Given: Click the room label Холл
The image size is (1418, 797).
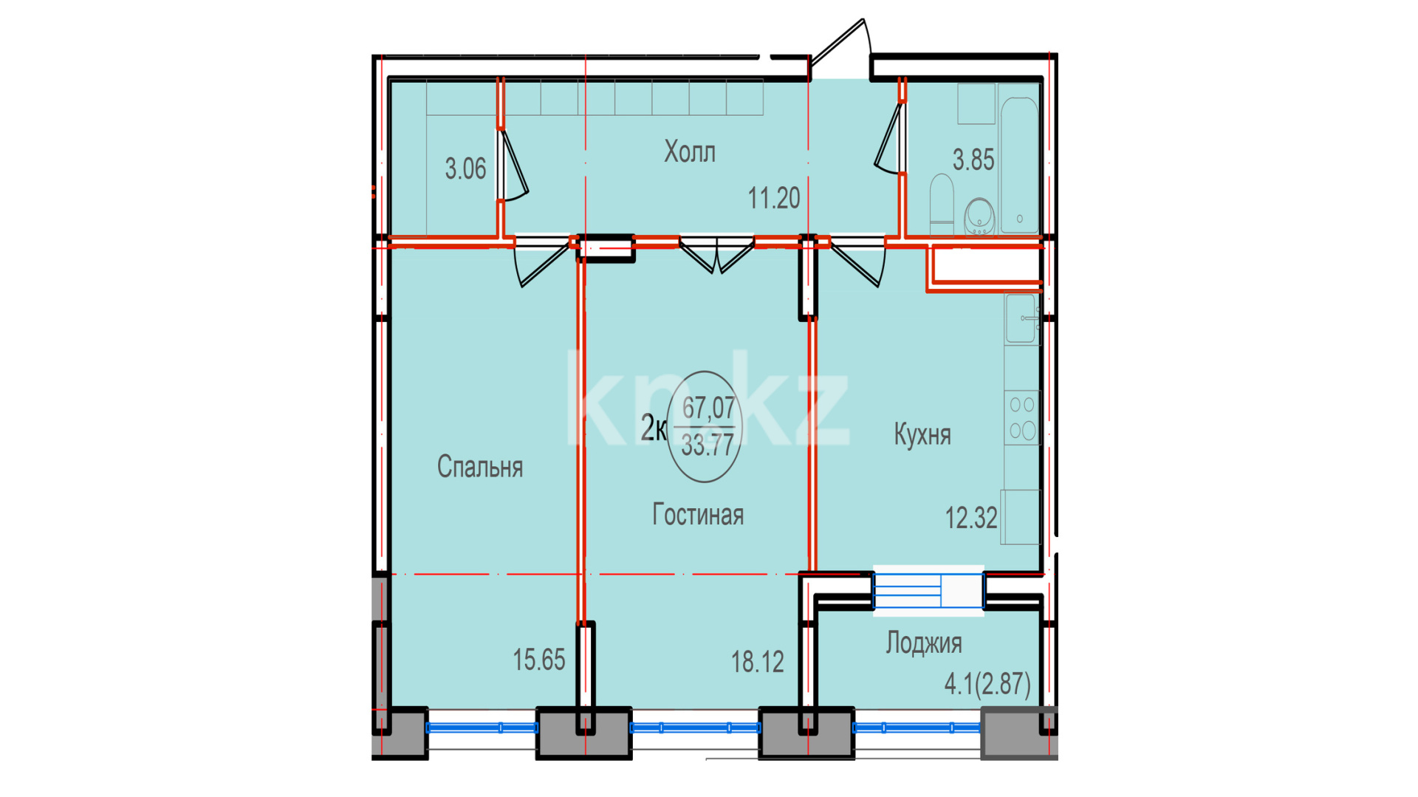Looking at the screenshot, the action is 690,152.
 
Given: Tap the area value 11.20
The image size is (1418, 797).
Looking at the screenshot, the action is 774,198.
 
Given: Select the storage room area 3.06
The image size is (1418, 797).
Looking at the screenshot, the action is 465,169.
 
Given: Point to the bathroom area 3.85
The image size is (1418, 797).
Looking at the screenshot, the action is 973,160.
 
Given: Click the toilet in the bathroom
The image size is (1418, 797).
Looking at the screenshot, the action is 942,199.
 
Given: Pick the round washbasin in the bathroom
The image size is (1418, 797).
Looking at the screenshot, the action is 980,216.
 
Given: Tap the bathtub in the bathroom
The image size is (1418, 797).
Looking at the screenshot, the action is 1019,164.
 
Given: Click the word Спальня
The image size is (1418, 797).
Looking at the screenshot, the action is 480,467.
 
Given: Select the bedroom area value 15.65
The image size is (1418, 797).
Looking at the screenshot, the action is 539,660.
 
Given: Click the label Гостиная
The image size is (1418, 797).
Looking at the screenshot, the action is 698,515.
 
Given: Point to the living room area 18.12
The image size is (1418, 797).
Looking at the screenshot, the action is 758,662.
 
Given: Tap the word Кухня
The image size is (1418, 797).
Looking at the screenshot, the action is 922,434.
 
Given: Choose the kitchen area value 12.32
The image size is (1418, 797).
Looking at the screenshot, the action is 972,518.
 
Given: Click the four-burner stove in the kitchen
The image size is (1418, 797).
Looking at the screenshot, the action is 1022,418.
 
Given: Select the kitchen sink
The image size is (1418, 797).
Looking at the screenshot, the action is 1021,318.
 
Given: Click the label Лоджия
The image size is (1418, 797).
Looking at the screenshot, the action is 924,643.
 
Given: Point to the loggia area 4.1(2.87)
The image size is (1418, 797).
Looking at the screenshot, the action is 987,684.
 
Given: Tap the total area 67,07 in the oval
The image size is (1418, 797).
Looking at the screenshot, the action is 708,407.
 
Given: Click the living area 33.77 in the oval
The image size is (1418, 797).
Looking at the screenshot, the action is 708,445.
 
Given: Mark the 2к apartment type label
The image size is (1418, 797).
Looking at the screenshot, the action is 654,428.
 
